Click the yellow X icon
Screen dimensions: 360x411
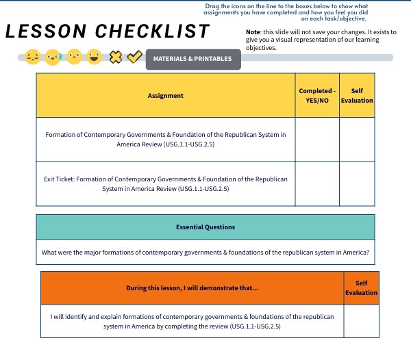tap(116, 57)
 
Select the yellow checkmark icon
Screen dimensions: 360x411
tap(134, 57)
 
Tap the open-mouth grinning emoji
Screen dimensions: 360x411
tap(95, 57)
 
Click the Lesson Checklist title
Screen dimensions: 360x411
tap(108, 31)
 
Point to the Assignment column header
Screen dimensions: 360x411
tap(165, 96)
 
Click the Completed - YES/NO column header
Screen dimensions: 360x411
tap(316, 96)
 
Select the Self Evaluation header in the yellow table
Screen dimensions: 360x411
tap(357, 96)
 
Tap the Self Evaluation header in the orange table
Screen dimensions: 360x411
tap(361, 288)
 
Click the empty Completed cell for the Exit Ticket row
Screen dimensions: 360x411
tap(316, 183)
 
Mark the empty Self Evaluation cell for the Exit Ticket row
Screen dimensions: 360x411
tap(357, 183)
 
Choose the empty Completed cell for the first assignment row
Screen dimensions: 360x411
tap(316, 140)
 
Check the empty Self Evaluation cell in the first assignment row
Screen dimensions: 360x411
tap(357, 140)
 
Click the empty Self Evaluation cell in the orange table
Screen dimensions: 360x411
tap(361, 322)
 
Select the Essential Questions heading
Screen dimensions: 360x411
tap(206, 227)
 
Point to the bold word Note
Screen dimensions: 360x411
tap(254, 34)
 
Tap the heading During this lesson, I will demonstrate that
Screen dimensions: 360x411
tap(192, 288)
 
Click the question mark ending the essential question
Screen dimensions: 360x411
tap(368, 253)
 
